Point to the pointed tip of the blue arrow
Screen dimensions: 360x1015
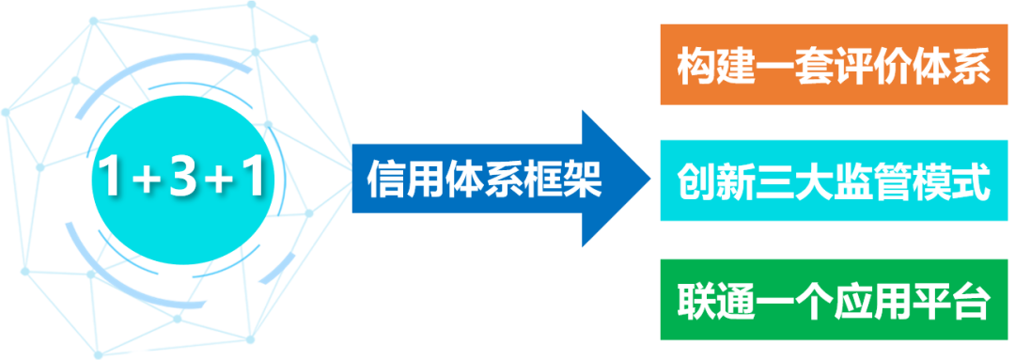point(649,179)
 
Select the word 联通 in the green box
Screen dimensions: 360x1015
point(708,304)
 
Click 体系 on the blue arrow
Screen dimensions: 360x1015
point(484,179)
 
